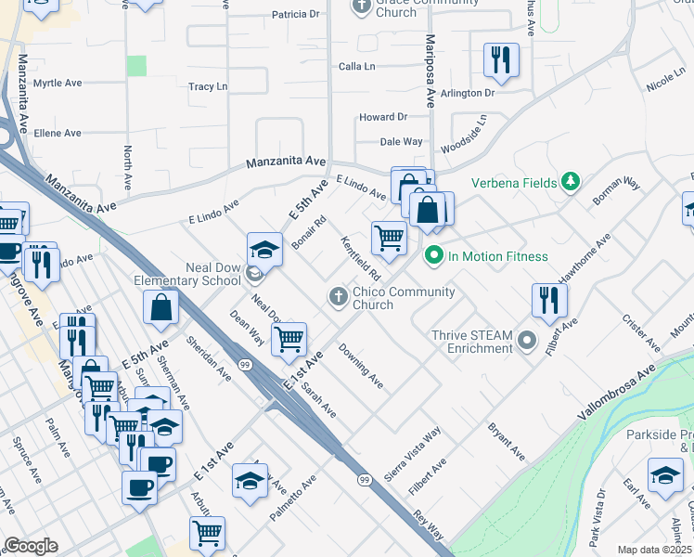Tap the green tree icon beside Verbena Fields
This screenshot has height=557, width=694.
573,181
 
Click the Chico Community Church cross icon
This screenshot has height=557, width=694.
339,297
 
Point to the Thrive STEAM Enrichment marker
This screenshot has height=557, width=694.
528,341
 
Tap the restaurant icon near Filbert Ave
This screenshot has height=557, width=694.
549,299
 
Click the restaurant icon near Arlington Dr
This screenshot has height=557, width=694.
501,60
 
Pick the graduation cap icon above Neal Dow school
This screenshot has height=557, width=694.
264,249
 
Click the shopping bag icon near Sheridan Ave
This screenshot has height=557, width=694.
161,307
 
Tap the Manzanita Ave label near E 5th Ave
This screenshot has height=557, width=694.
286,162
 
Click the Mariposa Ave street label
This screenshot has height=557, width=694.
430,72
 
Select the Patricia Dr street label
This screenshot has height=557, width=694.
295,15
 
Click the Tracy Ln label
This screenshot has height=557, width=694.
208,87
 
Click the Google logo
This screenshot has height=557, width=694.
31,546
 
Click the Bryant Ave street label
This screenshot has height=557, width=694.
507,443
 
